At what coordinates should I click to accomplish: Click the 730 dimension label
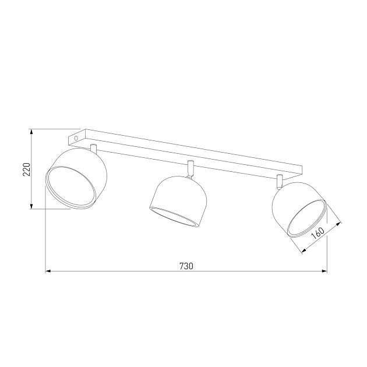pyautogui.click(x=186, y=266)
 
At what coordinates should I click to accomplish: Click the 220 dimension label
pyautogui.click(x=27, y=169)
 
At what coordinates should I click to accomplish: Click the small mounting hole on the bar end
pyautogui.click(x=76, y=138)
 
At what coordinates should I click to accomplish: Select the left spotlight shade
pyautogui.click(x=76, y=178)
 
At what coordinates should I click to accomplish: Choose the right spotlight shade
pyautogui.click(x=299, y=210)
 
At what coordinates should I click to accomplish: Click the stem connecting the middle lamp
pyautogui.click(x=190, y=169)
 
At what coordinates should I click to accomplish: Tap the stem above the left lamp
pyautogui.click(x=93, y=148)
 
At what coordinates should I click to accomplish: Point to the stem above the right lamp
pyautogui.click(x=279, y=181)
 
